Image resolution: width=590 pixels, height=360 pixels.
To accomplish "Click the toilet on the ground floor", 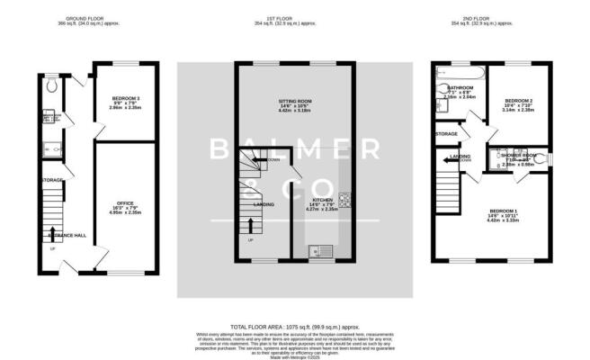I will click(x=54, y=85).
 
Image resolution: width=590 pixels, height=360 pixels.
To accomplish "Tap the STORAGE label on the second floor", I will click(x=446, y=134).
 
